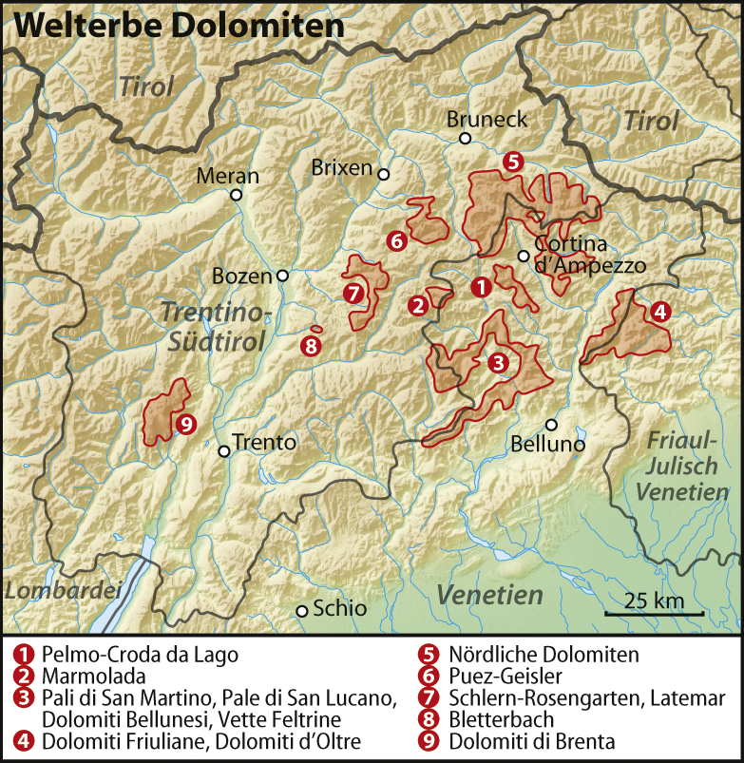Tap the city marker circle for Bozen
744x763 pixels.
point(282,276)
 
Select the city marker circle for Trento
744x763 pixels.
point(224,451)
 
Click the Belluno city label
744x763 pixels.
point(548,443)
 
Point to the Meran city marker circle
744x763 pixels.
point(236,195)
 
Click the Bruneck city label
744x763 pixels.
point(486,120)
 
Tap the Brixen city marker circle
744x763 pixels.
point(384,174)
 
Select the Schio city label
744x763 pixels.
point(339,609)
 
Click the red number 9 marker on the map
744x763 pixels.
point(185,424)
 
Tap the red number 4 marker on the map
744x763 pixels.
point(658,311)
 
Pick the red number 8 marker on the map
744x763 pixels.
point(310,346)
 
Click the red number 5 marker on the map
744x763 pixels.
point(513,162)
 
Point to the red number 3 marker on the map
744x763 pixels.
point(498,362)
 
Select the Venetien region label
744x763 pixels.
point(489,596)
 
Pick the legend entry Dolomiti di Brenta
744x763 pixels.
point(532,741)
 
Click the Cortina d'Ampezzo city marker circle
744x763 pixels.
point(523,256)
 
